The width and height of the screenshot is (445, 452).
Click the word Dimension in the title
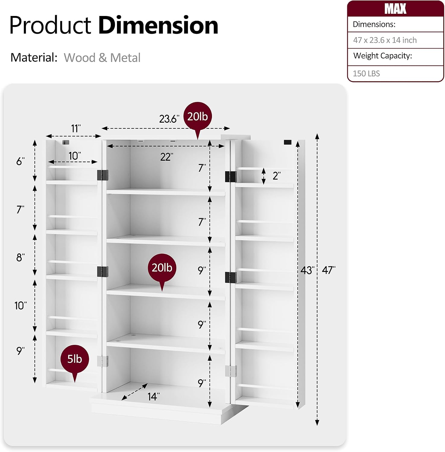[x=158, y=25]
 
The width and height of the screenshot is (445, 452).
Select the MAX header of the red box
[x=395, y=9]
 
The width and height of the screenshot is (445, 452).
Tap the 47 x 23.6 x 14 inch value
[x=385, y=40]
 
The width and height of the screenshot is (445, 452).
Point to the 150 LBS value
[x=366, y=74]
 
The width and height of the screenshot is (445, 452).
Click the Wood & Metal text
[x=102, y=58]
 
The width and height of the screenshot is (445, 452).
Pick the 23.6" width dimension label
[x=169, y=119]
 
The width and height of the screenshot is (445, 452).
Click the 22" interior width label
[x=167, y=157]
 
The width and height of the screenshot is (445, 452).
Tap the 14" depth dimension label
[x=153, y=396]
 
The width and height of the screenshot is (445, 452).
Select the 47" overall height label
[x=329, y=270]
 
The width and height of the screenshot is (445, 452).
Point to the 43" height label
[x=308, y=270]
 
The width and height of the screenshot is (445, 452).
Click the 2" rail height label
[x=276, y=176]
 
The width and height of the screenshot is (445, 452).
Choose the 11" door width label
[x=76, y=128]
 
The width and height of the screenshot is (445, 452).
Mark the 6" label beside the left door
[x=20, y=161]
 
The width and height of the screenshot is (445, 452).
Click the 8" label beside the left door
[x=20, y=257]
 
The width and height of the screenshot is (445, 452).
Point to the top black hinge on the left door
[x=103, y=175]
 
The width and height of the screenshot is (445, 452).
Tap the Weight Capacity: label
[x=383, y=56]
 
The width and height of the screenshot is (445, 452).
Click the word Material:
[x=34, y=57]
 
